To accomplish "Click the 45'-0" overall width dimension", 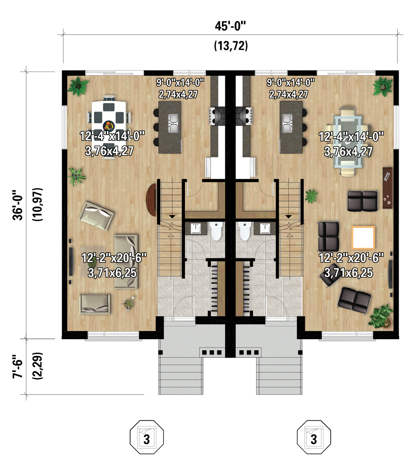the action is (230, 26).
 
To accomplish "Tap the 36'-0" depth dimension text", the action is (18, 205).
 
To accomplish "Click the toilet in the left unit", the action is (216, 231).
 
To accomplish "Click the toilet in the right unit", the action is (244, 231).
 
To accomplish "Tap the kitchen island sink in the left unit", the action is (173, 123).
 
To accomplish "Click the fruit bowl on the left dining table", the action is (109, 126).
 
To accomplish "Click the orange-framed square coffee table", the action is (363, 237).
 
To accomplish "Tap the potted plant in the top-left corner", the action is (78, 86).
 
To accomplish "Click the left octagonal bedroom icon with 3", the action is (147, 437).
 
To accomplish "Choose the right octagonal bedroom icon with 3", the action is (314, 437).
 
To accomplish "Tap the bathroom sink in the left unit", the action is (196, 228).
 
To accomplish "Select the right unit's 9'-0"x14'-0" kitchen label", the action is (290, 82).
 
